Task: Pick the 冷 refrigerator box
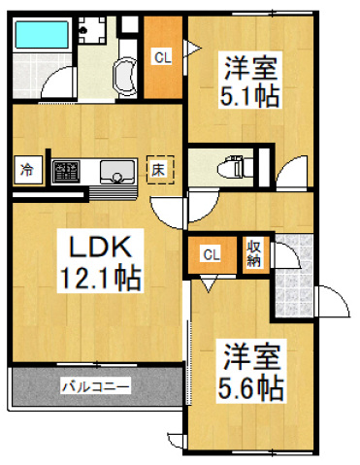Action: coord(26,171)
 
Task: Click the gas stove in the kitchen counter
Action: coord(67,172)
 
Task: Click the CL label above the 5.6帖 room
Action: coord(210,255)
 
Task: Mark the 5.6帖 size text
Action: coord(247,388)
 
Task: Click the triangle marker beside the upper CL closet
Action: coord(192,46)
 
